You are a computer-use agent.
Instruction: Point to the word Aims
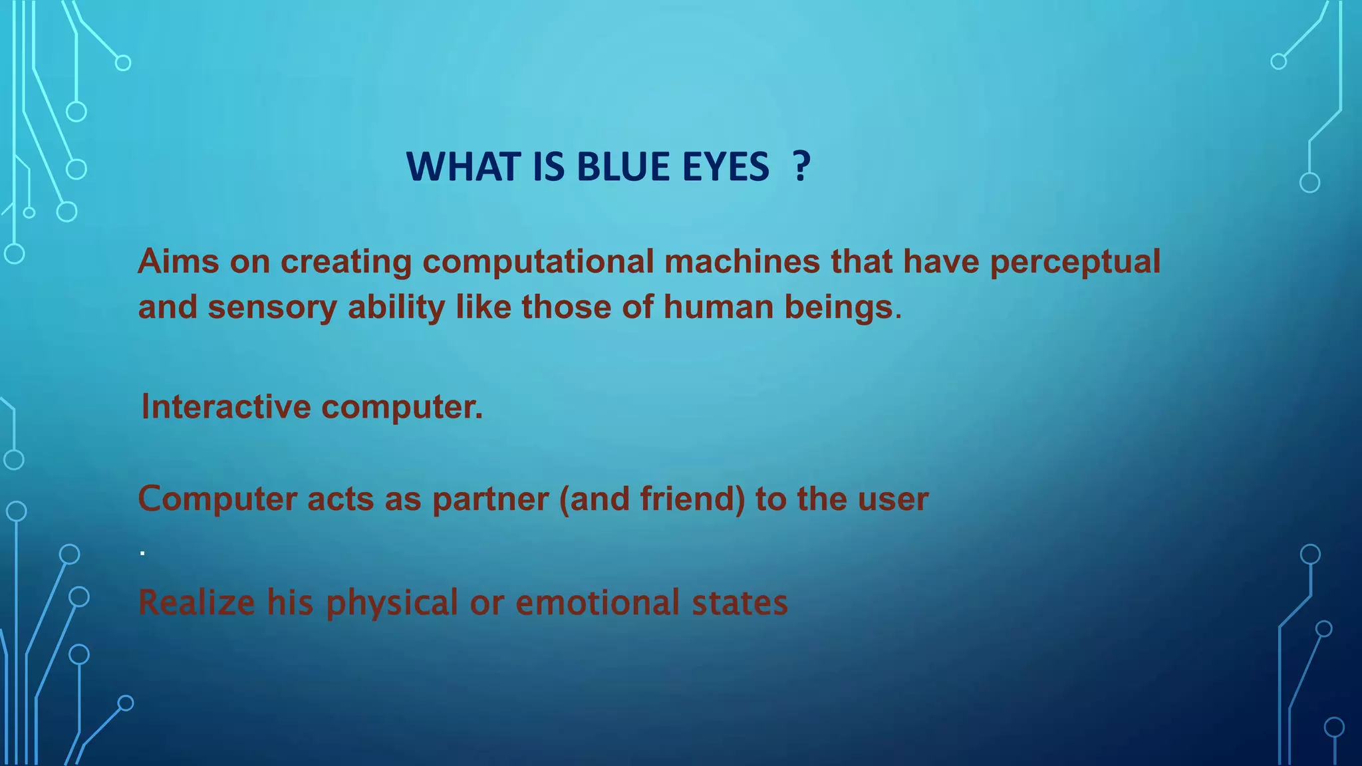(178, 261)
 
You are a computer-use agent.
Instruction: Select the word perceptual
(1075, 262)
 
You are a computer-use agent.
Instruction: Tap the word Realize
(196, 602)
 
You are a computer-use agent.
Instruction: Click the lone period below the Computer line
(142, 552)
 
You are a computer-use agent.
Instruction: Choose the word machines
(742, 261)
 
